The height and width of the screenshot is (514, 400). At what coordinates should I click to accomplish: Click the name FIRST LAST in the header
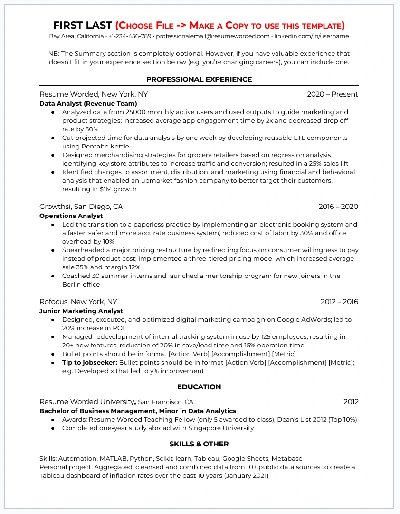point(82,25)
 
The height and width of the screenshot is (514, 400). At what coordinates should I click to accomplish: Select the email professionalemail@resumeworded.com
point(212,36)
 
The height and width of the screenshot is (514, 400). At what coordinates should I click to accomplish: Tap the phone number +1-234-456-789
point(130,36)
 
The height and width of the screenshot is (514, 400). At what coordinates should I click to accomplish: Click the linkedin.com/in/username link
point(311,36)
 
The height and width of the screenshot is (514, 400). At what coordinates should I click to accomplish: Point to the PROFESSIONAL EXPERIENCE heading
point(199,79)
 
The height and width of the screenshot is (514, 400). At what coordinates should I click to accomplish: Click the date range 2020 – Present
point(332,94)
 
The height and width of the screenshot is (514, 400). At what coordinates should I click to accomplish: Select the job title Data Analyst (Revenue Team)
point(88,103)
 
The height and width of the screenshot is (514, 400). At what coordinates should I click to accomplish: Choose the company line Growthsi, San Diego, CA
point(81,207)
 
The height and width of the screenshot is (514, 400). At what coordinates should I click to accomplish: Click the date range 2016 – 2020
point(338,207)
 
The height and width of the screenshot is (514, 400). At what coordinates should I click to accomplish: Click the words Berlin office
point(81,285)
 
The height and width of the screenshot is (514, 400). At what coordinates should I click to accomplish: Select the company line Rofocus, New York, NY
point(78,302)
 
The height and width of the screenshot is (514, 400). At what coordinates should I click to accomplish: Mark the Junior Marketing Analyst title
point(81,311)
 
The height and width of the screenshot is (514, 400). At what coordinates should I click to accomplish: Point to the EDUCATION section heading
point(199,387)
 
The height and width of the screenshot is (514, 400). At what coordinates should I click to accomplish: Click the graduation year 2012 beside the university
point(351,402)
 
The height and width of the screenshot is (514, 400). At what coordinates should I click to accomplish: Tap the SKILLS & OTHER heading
point(199,444)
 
